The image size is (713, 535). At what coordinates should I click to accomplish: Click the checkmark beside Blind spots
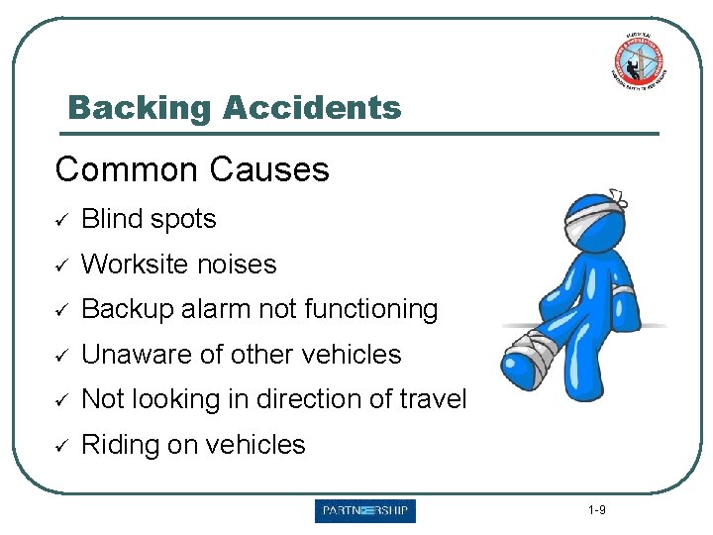pos(61,220)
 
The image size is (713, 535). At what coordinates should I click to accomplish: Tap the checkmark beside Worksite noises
pos(61,266)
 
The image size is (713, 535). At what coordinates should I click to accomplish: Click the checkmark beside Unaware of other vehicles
pos(61,356)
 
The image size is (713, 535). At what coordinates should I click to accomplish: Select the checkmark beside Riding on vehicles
pos(61,446)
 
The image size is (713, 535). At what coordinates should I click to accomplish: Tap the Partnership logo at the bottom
pos(365,511)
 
